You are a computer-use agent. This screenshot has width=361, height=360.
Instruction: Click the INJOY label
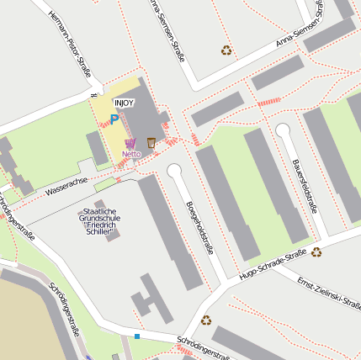125,102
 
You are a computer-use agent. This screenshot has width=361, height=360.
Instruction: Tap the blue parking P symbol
114,120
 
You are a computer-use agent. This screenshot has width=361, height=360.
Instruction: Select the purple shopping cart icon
130,144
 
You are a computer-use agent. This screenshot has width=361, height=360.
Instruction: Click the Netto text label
131,155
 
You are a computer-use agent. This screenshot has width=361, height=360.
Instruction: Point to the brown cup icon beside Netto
151,142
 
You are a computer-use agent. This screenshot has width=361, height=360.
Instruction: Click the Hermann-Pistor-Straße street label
69,50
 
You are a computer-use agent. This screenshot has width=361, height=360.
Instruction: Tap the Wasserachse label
66,186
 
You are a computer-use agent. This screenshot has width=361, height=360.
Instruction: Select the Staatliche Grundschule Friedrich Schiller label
103,219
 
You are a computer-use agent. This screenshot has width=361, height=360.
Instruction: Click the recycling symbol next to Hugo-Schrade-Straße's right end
316,251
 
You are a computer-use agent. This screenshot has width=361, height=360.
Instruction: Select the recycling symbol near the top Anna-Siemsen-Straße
226,50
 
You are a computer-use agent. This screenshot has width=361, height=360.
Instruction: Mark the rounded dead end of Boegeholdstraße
174,172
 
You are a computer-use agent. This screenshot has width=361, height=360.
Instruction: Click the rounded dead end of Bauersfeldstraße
283,130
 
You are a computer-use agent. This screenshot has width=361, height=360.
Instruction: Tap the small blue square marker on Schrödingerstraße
136,336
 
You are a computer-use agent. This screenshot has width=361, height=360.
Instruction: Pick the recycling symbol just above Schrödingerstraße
206,320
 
